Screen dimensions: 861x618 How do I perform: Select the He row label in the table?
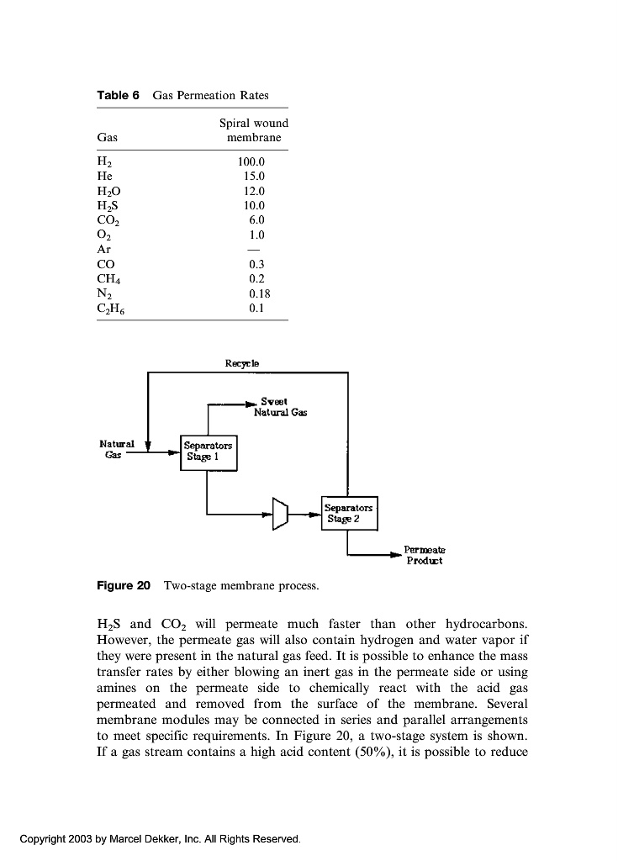click(105, 177)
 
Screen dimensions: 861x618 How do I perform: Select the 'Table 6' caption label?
click(117, 95)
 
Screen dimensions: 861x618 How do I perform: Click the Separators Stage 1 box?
click(209, 452)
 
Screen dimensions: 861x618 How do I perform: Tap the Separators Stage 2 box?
click(350, 513)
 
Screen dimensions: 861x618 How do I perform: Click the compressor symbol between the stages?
click(281, 512)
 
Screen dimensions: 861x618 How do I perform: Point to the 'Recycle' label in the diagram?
click(242, 363)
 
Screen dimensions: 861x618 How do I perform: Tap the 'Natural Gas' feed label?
click(117, 448)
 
